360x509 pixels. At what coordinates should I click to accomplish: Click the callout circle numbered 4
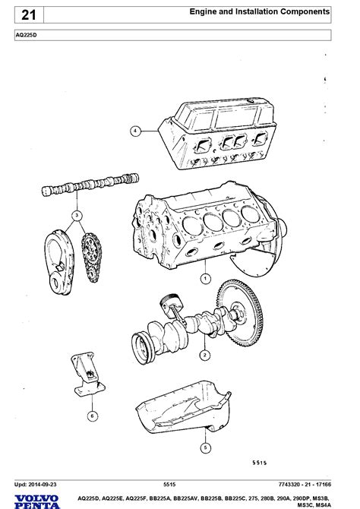pyautogui.click(x=135, y=131)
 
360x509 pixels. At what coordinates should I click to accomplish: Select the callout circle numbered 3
pyautogui.click(x=77, y=215)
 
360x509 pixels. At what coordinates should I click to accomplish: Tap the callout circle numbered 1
pyautogui.click(x=205, y=279)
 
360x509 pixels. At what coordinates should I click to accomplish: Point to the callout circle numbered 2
pyautogui.click(x=204, y=355)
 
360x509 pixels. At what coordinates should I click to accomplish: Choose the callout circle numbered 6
pyautogui.click(x=92, y=416)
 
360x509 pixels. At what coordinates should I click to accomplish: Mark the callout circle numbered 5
pyautogui.click(x=205, y=448)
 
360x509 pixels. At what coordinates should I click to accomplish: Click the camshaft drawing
pyautogui.click(x=90, y=185)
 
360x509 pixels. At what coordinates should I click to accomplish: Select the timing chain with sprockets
pyautogui.click(x=91, y=258)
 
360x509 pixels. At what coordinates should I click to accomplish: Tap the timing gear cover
pyautogui.click(x=59, y=262)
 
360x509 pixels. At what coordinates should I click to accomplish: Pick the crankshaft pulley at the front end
pyautogui.click(x=143, y=348)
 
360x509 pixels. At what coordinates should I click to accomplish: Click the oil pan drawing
pyautogui.click(x=183, y=407)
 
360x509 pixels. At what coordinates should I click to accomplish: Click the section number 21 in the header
pyautogui.click(x=29, y=15)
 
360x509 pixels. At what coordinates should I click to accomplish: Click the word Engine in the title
pyautogui.click(x=204, y=11)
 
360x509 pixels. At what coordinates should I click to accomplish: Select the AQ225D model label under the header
pyautogui.click(x=27, y=35)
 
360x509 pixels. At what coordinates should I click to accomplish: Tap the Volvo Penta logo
pyautogui.click(x=37, y=502)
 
